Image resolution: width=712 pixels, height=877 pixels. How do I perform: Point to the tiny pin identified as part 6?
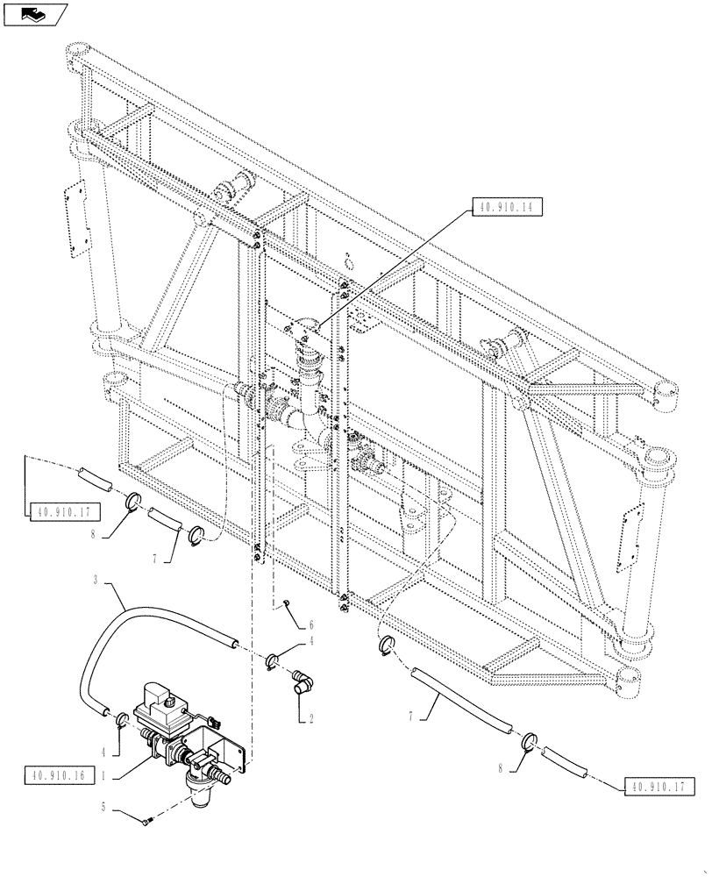click(x=286, y=602)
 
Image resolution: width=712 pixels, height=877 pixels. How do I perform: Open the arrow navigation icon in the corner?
click(x=34, y=13)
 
